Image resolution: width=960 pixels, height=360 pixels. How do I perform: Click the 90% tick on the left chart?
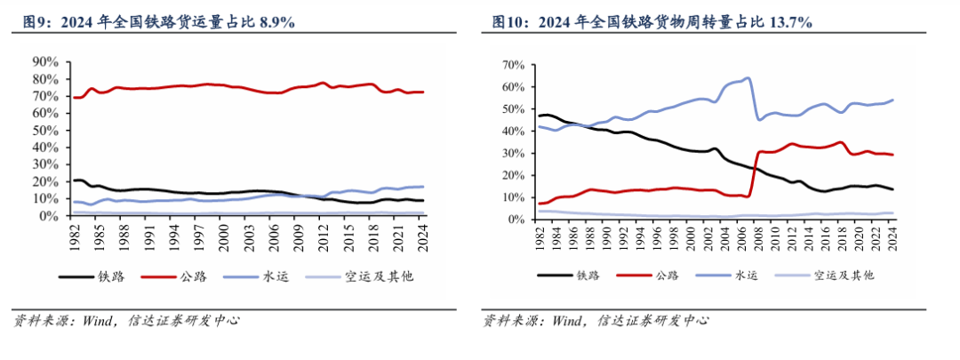44,62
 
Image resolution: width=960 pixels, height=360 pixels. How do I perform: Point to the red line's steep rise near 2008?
755,173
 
